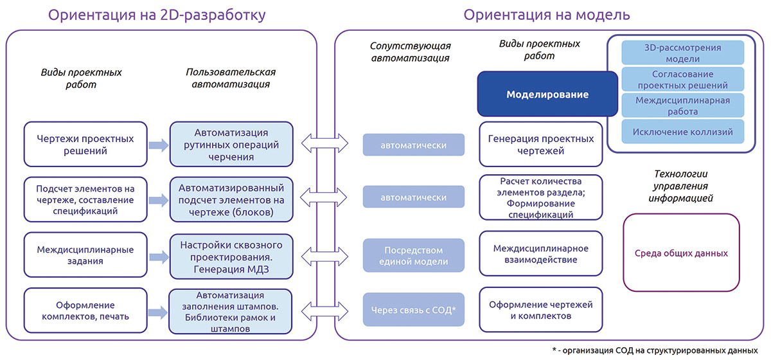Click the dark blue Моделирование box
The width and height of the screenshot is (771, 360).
coord(547,94)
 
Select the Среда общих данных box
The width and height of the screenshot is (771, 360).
coord(682,253)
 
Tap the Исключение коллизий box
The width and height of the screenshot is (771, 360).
coord(683,132)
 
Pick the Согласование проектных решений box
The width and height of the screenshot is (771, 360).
coord(683,79)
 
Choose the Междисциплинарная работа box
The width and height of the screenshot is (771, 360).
coord(683,105)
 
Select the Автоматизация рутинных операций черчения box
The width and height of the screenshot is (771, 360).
coord(232,145)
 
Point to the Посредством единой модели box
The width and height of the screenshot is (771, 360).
coord(413,255)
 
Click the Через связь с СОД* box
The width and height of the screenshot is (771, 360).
coord(413,310)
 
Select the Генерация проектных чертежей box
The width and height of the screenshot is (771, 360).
coord(541,145)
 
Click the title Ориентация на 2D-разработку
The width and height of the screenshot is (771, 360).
coord(157,14)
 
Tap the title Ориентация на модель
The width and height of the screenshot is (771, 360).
coord(546,14)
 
